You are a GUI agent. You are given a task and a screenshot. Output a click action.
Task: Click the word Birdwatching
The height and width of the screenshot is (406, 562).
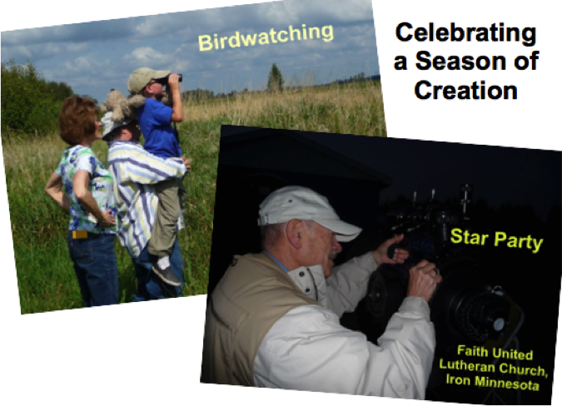pos(266,37)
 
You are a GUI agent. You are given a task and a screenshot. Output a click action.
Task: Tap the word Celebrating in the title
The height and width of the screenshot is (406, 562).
pos(465,33)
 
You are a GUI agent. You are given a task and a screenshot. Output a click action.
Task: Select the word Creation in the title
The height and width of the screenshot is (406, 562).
pos(466,90)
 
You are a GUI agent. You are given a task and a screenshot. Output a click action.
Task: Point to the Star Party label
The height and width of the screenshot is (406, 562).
pos(496,240)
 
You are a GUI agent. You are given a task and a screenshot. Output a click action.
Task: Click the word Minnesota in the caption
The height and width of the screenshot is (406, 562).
pos(507,383)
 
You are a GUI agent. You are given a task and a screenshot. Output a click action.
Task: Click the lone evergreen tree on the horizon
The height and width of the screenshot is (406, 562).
pos(276,77)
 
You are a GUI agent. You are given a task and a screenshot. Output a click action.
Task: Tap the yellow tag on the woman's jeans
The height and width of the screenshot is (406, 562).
pos(80,235)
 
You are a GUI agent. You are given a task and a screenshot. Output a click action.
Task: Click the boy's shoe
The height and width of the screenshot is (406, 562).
pos(167,274)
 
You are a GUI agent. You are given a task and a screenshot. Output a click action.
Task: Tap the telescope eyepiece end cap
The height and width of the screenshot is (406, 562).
pos(499,324)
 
